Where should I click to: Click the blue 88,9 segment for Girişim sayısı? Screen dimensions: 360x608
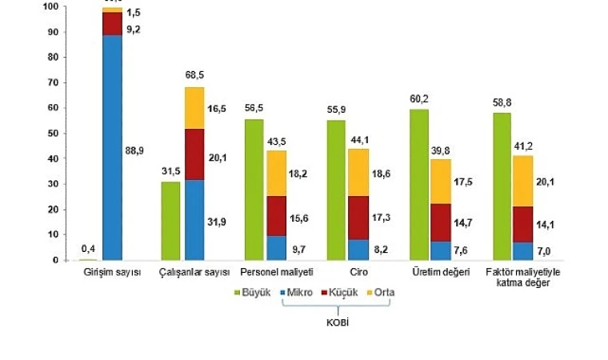point(112,148)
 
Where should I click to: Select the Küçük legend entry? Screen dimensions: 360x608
point(342,293)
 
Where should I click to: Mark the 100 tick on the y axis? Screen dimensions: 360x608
point(49,7)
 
